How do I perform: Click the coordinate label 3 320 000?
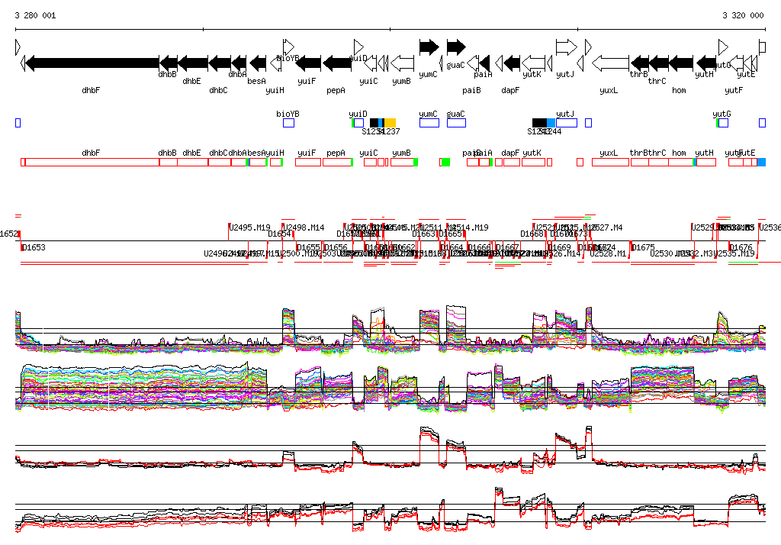(743, 15)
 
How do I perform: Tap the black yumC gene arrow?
(429, 47)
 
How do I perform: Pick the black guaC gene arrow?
(455, 47)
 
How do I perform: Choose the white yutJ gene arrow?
(566, 47)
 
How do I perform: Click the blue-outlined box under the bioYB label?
(288, 123)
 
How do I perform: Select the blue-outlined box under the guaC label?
(455, 123)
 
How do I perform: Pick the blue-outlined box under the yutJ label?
(566, 123)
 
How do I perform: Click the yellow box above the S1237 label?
(390, 123)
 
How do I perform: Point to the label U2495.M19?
(250, 227)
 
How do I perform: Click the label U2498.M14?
(304, 227)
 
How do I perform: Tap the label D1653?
(34, 247)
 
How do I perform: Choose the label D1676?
(742, 247)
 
